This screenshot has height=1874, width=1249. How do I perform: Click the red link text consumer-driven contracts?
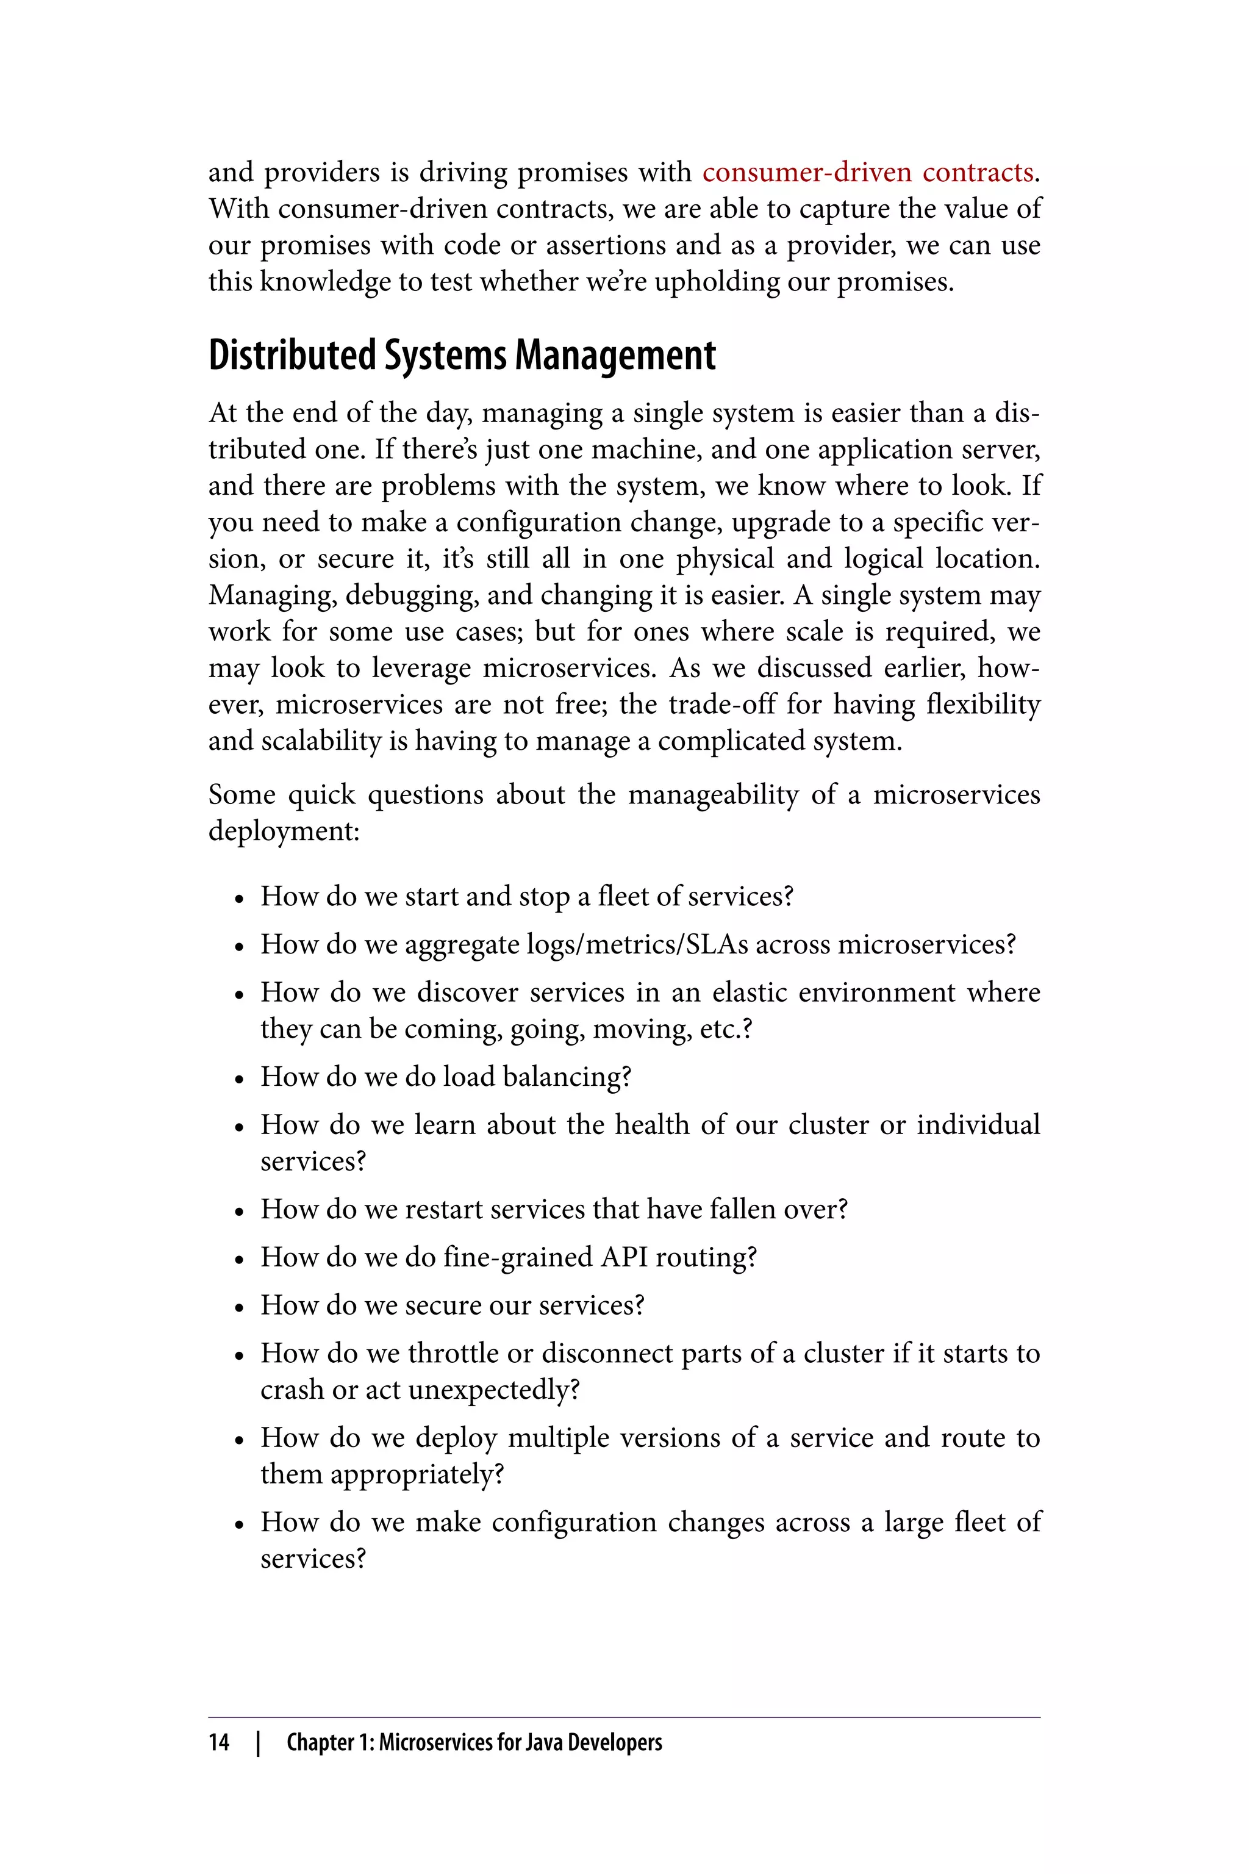867,172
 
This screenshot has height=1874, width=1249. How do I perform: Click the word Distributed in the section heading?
292,356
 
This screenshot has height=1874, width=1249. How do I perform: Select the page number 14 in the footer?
219,1742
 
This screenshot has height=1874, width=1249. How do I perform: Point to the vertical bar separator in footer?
258,1742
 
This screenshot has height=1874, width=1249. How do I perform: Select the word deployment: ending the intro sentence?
284,831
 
